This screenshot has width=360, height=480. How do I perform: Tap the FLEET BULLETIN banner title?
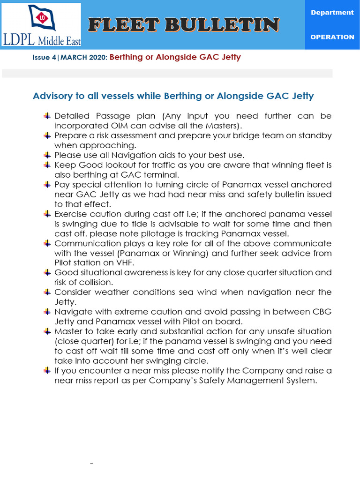(x=185, y=25)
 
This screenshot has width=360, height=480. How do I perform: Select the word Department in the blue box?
(x=332, y=13)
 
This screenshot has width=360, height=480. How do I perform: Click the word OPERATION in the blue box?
(x=332, y=37)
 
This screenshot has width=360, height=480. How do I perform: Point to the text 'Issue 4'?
(x=45, y=58)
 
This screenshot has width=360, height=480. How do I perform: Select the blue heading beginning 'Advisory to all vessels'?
(x=173, y=96)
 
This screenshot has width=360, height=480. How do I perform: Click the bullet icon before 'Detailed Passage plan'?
(x=47, y=116)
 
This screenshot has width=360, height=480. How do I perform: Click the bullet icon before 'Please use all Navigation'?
(x=47, y=155)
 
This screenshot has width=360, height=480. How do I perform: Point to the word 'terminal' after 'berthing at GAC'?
(x=162, y=174)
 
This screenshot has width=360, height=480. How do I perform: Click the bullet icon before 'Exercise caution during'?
(x=47, y=214)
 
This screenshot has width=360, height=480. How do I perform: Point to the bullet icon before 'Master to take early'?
(x=47, y=331)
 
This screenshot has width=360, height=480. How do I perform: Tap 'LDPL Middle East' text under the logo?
(x=42, y=40)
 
